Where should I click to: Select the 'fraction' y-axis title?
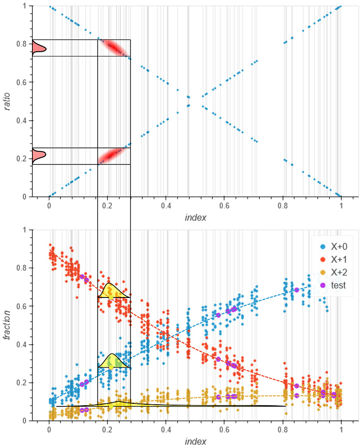(7, 325)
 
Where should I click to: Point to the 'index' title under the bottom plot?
(195, 441)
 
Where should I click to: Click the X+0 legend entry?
(336, 246)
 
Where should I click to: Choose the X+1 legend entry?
(336, 259)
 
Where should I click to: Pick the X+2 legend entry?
(336, 272)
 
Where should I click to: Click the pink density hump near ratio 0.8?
(38, 48)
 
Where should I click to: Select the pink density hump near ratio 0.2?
(38, 156)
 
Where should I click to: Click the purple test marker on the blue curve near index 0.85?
(297, 290)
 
